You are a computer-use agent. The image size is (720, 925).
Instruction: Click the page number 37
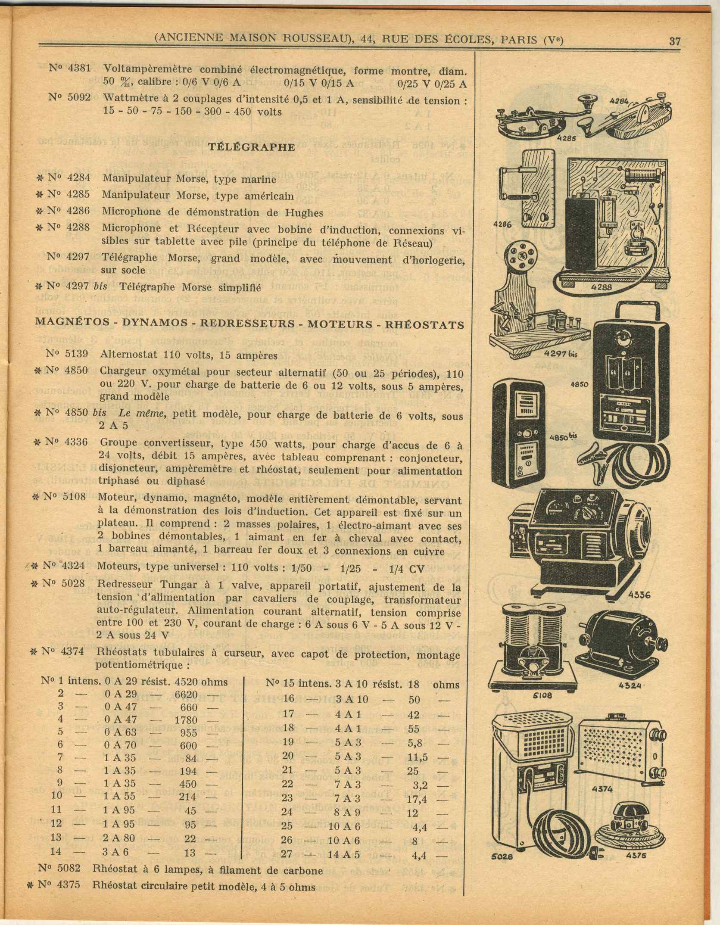674,41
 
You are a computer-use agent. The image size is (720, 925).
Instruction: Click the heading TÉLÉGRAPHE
252,146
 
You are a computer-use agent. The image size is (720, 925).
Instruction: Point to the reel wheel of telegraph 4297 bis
520,259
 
